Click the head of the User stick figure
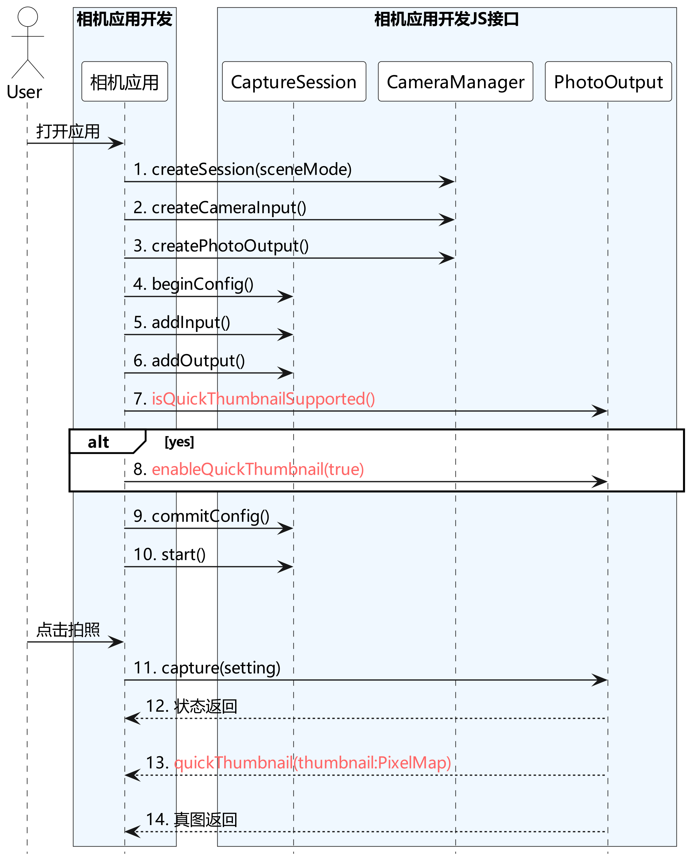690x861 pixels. (x=28, y=17)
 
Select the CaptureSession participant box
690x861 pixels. (x=294, y=81)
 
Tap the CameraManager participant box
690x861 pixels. (x=455, y=81)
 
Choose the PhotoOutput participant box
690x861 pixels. (x=608, y=81)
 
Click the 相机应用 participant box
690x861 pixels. (x=125, y=81)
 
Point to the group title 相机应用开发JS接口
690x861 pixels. (x=446, y=19)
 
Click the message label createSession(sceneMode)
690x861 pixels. (x=252, y=169)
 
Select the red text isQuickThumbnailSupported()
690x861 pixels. (x=263, y=399)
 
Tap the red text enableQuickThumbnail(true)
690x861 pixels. (x=258, y=469)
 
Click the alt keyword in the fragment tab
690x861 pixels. (x=98, y=442)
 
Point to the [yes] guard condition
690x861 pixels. (x=179, y=442)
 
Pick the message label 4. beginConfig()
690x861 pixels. (x=193, y=284)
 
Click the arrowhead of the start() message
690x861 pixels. (x=286, y=567)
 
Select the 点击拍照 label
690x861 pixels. (x=68, y=630)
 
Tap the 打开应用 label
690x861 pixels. (x=68, y=131)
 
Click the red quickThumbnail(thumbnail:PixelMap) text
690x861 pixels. (x=313, y=763)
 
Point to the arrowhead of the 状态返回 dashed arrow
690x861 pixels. (x=132, y=719)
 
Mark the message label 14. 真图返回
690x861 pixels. (x=192, y=820)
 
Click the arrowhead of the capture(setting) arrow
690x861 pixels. (x=600, y=680)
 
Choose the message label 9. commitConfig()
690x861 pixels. (x=201, y=516)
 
